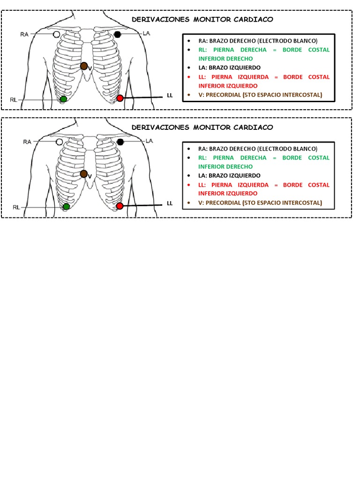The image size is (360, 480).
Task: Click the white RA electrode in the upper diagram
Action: click(x=57, y=34)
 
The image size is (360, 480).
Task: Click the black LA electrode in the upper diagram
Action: click(x=117, y=34)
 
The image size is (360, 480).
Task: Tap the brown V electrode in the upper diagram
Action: click(x=84, y=66)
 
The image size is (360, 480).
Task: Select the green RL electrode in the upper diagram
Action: click(x=63, y=99)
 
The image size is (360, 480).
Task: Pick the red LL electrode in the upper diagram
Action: click(x=120, y=97)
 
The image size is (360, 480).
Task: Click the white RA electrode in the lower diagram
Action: click(x=59, y=142)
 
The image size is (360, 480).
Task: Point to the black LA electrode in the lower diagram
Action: click(x=120, y=142)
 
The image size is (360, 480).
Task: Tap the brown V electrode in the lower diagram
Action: click(x=84, y=174)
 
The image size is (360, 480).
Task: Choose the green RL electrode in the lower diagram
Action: click(x=66, y=206)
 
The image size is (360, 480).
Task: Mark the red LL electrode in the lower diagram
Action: click(x=120, y=206)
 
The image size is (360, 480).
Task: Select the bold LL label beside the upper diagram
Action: click(x=170, y=96)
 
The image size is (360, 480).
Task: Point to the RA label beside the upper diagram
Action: click(x=25, y=34)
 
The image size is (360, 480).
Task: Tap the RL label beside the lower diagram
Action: click(x=16, y=207)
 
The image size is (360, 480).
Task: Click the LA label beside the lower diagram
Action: click(x=150, y=141)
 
